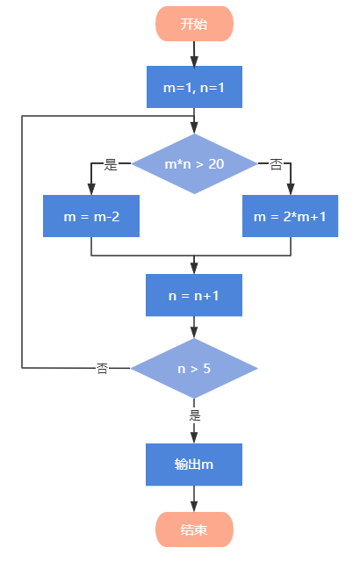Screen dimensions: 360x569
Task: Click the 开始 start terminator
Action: [194, 24]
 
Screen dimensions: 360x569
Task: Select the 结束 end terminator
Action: [194, 529]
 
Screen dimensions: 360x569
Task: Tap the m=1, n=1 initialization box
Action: [194, 87]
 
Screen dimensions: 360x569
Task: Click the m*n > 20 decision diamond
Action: [194, 163]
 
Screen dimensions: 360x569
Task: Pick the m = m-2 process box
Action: [91, 216]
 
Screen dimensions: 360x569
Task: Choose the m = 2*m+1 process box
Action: [290, 216]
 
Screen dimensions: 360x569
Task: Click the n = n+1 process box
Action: [194, 295]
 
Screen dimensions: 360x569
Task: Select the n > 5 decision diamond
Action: [194, 368]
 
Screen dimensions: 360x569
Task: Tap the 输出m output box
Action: [194, 465]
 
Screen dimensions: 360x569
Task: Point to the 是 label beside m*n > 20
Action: [111, 164]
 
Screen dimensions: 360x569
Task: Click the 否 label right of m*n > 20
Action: [276, 165]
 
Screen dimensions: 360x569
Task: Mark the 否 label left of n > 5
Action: [102, 368]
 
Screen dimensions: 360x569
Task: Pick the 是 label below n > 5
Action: [195, 415]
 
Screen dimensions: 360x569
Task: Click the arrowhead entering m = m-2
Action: [91, 190]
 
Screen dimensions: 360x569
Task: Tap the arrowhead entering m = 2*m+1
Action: [291, 190]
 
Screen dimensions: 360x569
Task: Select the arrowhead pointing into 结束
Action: [194, 507]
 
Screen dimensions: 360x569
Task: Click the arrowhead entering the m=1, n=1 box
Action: [194, 61]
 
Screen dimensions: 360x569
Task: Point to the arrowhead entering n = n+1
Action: [194, 269]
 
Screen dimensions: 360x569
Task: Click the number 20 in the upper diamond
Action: [216, 164]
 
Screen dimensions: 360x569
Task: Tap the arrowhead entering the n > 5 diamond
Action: [194, 333]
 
